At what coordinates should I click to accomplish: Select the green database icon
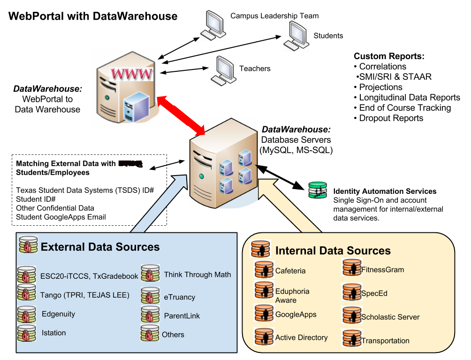point(318,190)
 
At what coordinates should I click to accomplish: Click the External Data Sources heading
point(100,247)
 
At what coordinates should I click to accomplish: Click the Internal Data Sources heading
point(333,250)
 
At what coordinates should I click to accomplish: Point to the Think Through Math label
point(197,275)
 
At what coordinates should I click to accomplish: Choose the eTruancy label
point(179,297)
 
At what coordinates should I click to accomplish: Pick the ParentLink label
point(182,316)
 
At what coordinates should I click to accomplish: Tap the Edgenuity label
point(58,314)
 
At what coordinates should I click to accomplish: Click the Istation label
point(53,333)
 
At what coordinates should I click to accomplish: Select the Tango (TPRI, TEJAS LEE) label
point(84,295)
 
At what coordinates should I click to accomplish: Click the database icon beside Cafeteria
point(264,270)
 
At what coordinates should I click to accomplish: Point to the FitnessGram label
point(382,269)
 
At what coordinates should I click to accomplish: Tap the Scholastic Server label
point(390,317)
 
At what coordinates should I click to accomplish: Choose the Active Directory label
point(301,337)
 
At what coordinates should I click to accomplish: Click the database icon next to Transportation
point(351,339)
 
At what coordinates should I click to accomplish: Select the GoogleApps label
point(296,314)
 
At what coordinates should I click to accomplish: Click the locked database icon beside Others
point(150,333)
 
